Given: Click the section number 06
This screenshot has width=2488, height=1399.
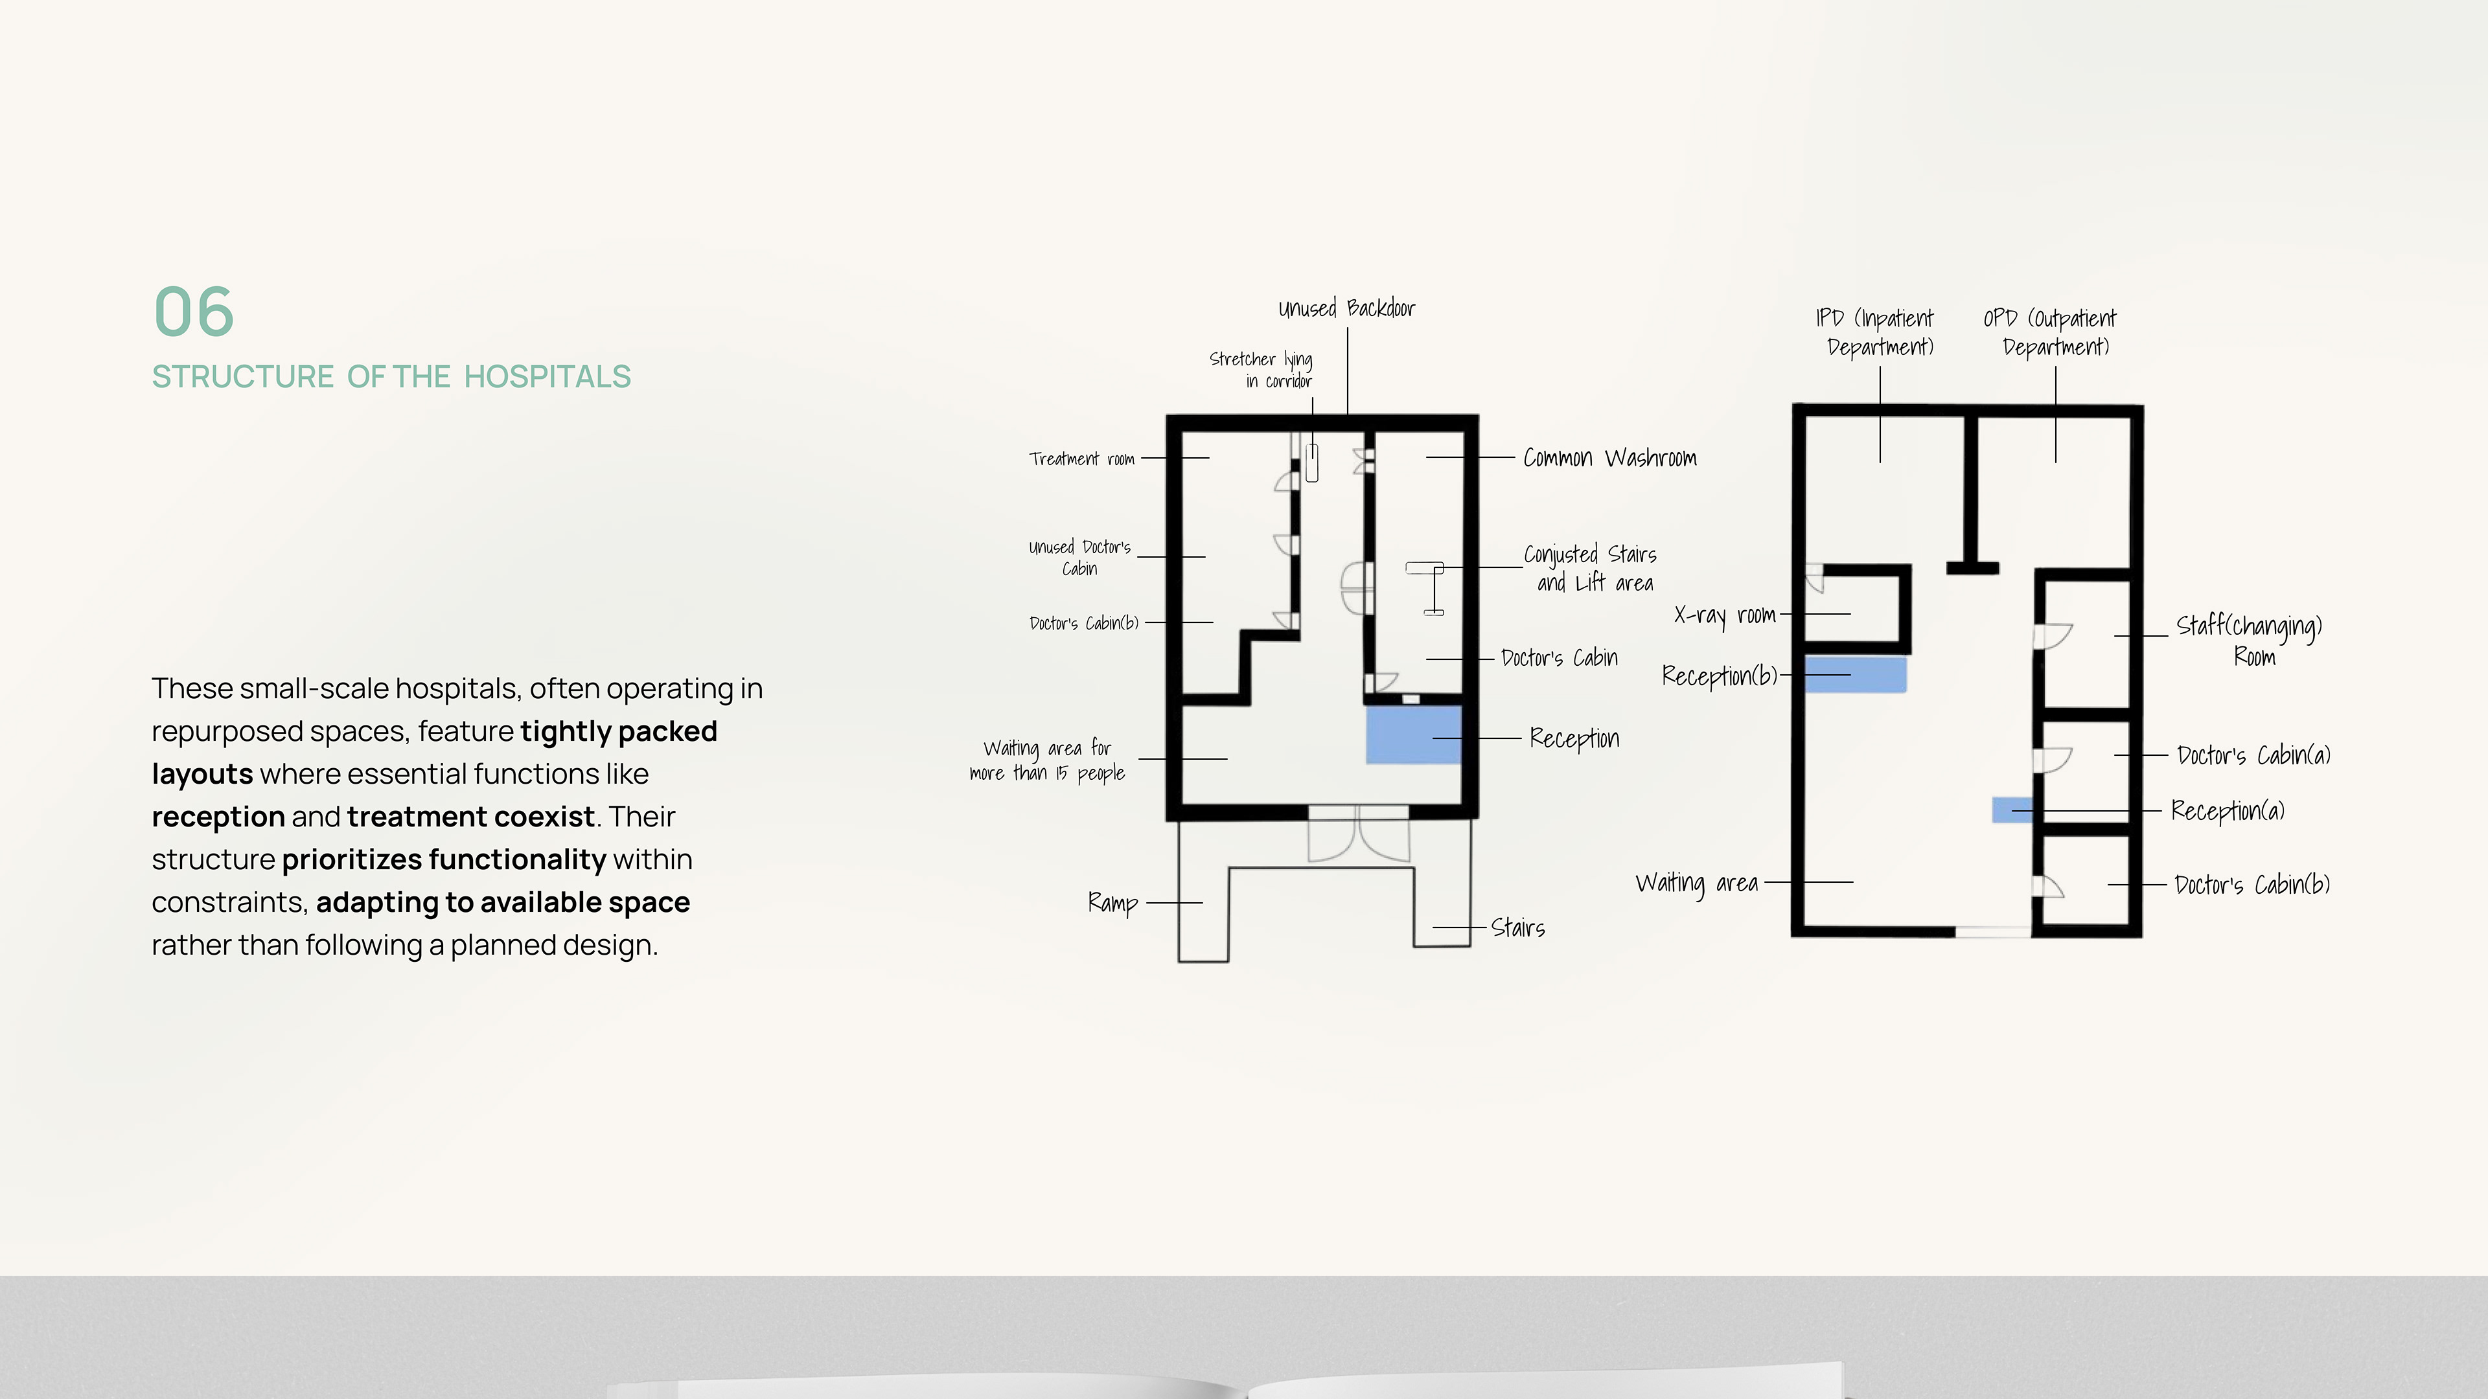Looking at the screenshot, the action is [x=194, y=311].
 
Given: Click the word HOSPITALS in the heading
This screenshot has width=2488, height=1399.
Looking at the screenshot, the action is [x=547, y=376].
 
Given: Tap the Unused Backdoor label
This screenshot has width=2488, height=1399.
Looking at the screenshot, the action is [x=1346, y=309].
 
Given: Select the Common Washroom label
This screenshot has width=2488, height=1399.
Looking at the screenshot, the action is [x=1609, y=458].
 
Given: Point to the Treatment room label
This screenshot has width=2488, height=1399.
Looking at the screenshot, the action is [x=1082, y=459].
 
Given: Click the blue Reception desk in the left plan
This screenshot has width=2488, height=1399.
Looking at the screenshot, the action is [x=1413, y=734].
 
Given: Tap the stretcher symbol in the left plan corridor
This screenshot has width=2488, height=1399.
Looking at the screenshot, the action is [x=1311, y=462].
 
